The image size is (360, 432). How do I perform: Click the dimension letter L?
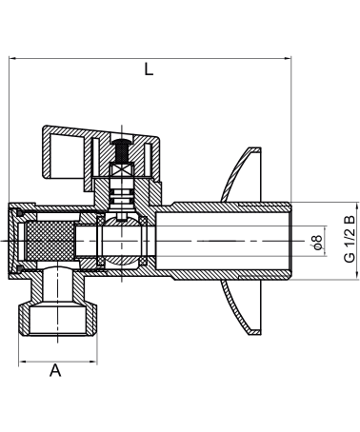pos(149,69)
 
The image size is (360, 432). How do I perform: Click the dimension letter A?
pos(55,370)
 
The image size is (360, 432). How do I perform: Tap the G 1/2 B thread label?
pos(350,239)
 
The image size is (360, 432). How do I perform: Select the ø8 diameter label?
pos(317,242)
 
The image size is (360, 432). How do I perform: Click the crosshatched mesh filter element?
pos(50,241)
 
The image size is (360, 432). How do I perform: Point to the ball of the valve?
pos(122,241)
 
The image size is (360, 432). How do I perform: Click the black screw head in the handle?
pos(122,149)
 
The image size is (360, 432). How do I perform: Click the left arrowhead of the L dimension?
pos(12,58)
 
